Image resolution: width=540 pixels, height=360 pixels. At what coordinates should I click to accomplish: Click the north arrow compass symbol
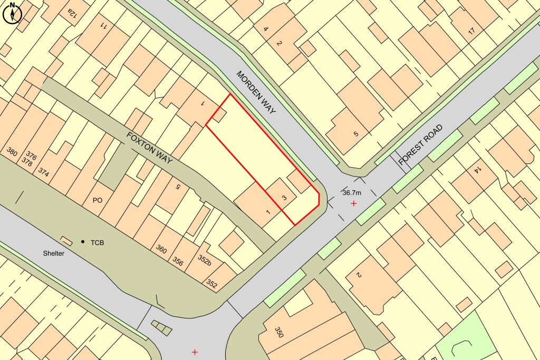tap(11, 13)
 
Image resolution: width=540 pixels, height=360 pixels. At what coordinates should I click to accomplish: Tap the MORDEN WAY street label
tap(256, 93)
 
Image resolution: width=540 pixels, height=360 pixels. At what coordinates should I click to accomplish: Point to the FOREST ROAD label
tap(421, 145)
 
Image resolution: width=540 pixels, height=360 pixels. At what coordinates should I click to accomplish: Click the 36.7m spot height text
tap(353, 192)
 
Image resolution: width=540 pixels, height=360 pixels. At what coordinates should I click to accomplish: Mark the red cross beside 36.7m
tap(353, 203)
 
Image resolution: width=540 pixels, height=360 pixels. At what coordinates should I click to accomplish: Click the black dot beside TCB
tap(83, 242)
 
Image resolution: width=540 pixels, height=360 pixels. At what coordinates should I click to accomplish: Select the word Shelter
tap(54, 254)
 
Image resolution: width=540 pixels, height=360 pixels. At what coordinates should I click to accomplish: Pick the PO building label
tap(97, 200)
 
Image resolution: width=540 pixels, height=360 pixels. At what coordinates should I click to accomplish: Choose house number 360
tap(161, 249)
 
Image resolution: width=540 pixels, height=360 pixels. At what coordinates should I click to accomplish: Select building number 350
tap(279, 332)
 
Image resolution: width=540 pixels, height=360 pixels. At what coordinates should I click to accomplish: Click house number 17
tap(471, 31)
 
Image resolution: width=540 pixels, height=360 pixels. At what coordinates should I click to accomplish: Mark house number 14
tap(477, 170)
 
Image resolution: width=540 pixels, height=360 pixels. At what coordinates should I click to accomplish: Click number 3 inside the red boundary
tap(284, 198)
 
